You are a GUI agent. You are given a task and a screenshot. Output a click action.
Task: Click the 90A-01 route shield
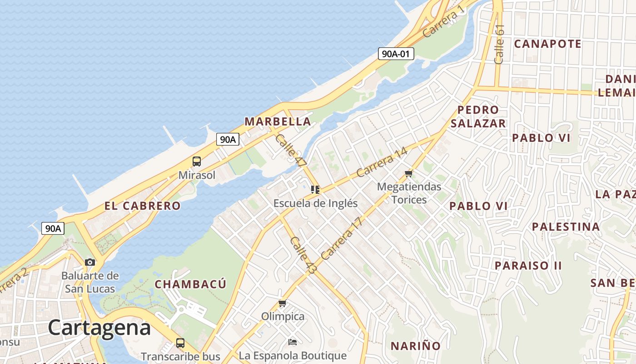(x=396, y=54)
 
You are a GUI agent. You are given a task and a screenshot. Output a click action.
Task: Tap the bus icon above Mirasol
(x=197, y=161)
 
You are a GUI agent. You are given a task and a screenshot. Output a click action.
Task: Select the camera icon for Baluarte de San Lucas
(x=90, y=262)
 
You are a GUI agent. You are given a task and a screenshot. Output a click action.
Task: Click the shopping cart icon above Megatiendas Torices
(x=408, y=173)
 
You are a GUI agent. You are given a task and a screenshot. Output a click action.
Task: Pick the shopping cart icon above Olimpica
(x=282, y=303)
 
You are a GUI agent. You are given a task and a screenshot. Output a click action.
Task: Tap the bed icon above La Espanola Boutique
(x=293, y=342)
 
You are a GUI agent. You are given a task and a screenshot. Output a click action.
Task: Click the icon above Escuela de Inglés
(x=315, y=190)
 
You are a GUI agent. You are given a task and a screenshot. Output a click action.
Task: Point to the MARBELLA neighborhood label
(x=278, y=121)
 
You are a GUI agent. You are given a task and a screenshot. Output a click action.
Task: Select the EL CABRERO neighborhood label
(x=142, y=206)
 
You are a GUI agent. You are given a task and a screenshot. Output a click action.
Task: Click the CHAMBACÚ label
(x=190, y=284)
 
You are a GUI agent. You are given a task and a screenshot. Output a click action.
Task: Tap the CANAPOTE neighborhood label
(x=547, y=44)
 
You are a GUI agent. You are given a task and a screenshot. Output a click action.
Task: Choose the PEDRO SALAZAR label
(x=478, y=116)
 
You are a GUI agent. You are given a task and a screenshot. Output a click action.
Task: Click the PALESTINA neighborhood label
(x=566, y=227)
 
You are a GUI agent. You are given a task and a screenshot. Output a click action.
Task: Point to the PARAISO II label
(x=528, y=265)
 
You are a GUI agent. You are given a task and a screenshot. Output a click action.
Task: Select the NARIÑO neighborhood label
(x=416, y=346)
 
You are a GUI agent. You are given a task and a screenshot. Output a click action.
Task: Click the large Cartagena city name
(x=99, y=328)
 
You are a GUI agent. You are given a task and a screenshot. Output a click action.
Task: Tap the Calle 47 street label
(x=291, y=150)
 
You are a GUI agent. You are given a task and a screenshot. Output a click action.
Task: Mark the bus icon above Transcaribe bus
(x=180, y=343)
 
